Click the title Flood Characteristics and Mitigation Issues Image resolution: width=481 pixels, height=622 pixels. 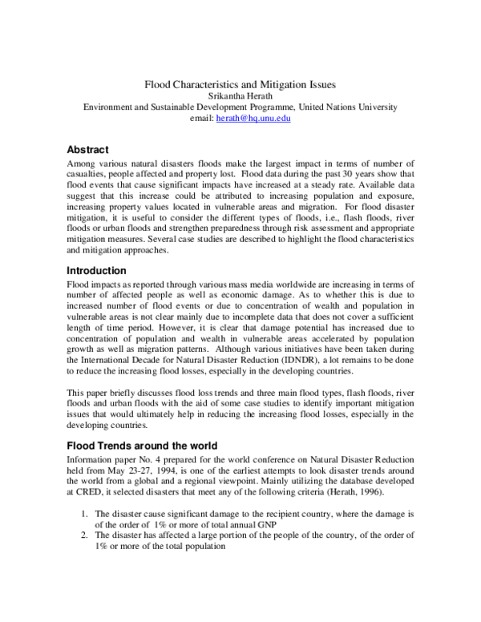[x=240, y=83]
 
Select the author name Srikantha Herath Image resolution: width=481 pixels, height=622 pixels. [x=240, y=95]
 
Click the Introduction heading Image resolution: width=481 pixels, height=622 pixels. [x=96, y=271]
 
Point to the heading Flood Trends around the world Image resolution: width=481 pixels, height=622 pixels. [x=141, y=445]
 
